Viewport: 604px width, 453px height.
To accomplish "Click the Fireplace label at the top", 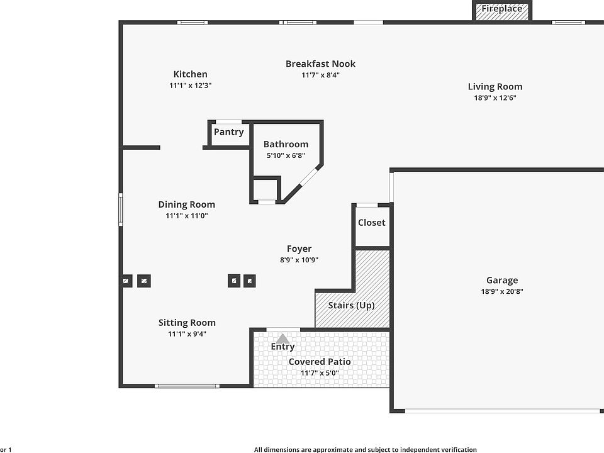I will pyautogui.click(x=502, y=9).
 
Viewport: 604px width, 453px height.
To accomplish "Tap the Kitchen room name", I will pyautogui.click(x=190, y=74).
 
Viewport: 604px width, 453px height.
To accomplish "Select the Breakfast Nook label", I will pyautogui.click(x=320, y=64).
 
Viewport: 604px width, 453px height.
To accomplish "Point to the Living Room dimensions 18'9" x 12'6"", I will pyautogui.click(x=495, y=98).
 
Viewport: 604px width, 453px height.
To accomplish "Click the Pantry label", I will pyautogui.click(x=228, y=132).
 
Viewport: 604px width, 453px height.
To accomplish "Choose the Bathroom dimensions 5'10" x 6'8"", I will pyautogui.click(x=286, y=155).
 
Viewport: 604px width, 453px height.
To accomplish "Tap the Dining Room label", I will pyautogui.click(x=186, y=204).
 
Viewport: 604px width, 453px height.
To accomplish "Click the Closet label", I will pyautogui.click(x=371, y=223).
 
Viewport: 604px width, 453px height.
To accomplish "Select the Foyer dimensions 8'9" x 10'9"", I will pyautogui.click(x=299, y=260).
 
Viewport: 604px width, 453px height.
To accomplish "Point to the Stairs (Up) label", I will pyautogui.click(x=351, y=306).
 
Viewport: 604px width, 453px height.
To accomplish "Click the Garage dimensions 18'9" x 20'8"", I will pyautogui.click(x=501, y=292).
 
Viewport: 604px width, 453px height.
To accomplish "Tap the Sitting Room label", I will pyautogui.click(x=187, y=323).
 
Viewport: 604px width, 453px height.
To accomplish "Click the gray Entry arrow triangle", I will pyautogui.click(x=283, y=338).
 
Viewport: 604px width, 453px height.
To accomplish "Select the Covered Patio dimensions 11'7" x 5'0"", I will pyautogui.click(x=320, y=373).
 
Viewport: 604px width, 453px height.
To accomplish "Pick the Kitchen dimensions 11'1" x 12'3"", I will pyautogui.click(x=190, y=86).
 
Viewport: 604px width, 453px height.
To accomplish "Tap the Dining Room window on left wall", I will pyautogui.click(x=121, y=209).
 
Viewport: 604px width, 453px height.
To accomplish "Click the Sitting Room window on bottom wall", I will pyautogui.click(x=187, y=386).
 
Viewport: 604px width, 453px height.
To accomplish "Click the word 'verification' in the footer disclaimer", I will pyautogui.click(x=456, y=450).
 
